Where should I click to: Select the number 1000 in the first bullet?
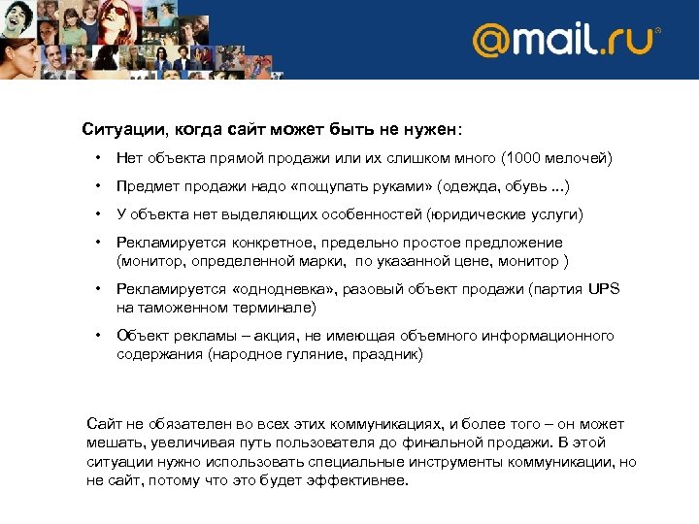524,158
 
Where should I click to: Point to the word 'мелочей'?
579,158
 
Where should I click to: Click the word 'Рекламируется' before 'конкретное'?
172,243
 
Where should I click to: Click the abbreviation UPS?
602,289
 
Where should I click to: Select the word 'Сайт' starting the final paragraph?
104,424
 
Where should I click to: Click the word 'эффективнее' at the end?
360,481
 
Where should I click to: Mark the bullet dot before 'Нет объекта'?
98,158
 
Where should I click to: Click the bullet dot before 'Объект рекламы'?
98,336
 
